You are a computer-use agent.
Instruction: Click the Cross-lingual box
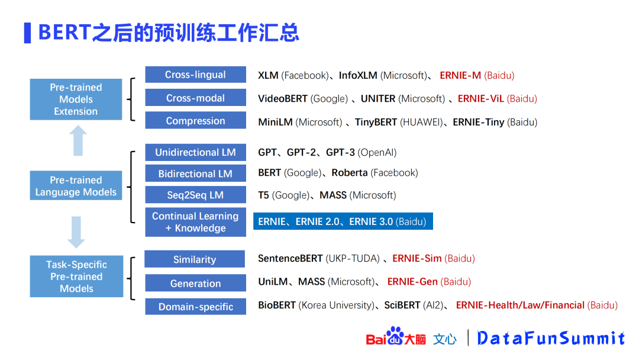coord(196,75)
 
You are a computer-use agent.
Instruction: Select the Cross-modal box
coord(196,98)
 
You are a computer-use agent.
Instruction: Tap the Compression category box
coord(196,121)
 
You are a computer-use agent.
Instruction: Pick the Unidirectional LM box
coord(196,153)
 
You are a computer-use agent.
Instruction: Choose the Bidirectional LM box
coord(196,173)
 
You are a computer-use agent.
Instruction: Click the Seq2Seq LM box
coord(196,195)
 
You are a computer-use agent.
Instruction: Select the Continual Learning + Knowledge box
coord(196,222)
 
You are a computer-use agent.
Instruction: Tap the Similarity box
coord(195,259)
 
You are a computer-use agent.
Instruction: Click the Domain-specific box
coord(196,307)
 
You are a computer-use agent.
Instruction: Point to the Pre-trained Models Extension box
coord(76,99)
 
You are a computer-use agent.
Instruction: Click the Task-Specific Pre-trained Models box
coord(76,277)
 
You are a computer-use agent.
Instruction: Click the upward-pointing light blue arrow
coord(78,141)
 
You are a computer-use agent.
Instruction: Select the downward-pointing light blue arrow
coord(76,232)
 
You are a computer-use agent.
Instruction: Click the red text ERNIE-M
coord(460,75)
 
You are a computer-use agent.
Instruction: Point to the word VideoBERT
coord(283,99)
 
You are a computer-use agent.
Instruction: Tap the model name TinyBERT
coord(376,123)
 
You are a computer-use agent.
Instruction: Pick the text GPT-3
coord(340,153)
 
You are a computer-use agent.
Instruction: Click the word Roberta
coord(350,173)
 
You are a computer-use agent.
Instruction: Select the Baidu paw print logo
coord(395,336)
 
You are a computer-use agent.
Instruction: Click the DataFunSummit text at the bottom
coord(551,338)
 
